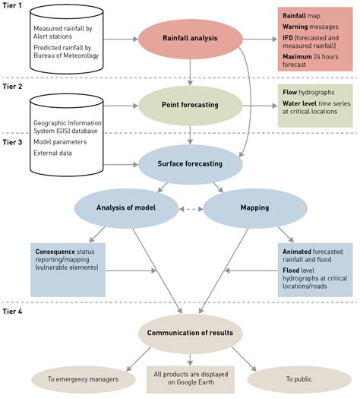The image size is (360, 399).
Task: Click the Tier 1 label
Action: (14, 7)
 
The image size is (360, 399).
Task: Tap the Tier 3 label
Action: (14, 140)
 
